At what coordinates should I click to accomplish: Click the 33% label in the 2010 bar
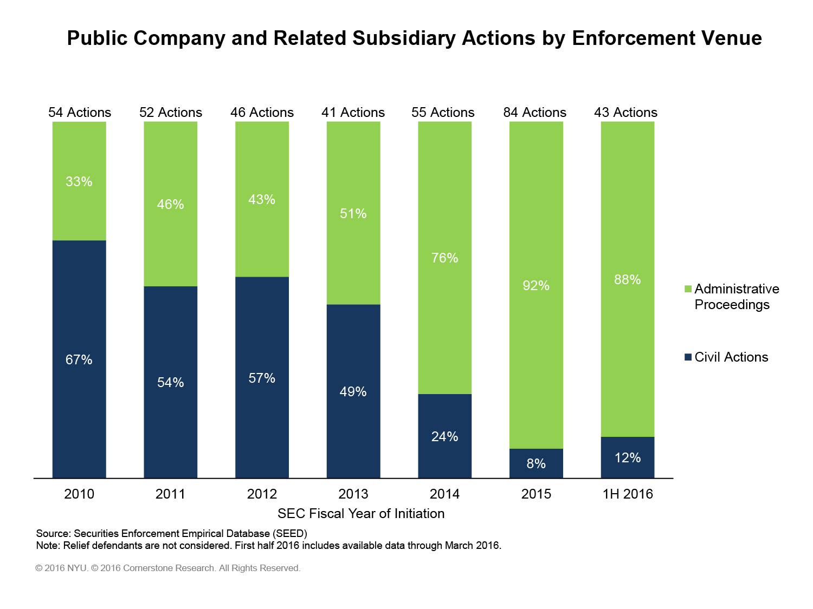tap(79, 182)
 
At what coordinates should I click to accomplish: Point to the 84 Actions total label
tap(534, 113)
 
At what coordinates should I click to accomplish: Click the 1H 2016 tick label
tap(628, 494)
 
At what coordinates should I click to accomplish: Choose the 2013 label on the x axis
tap(353, 494)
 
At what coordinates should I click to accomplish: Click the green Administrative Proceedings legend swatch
tap(688, 289)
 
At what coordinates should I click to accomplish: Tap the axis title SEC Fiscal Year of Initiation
tap(361, 514)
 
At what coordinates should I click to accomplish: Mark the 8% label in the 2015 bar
tap(536, 464)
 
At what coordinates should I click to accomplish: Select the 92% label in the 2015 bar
tap(536, 286)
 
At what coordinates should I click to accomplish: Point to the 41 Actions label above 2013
tap(353, 113)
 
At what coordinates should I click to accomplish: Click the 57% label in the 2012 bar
tap(262, 378)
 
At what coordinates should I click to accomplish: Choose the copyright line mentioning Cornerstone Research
tap(168, 568)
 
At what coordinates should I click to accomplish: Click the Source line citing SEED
tap(171, 534)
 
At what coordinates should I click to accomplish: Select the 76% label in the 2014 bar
tap(444, 258)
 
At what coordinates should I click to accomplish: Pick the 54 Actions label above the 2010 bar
tap(80, 113)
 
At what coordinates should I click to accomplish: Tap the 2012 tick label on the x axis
tap(262, 494)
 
